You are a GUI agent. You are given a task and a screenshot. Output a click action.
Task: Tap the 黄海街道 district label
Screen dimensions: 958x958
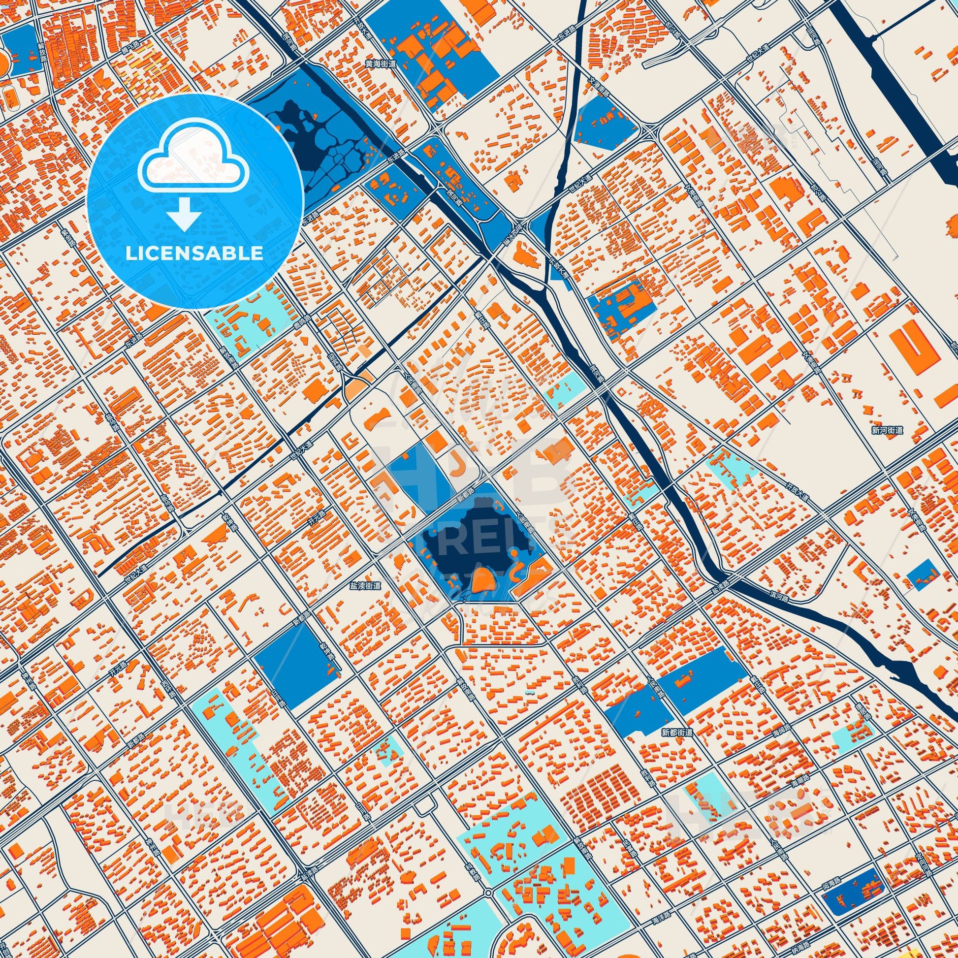click(381, 64)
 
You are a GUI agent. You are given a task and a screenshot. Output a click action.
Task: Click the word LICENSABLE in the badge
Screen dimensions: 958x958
click(194, 254)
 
